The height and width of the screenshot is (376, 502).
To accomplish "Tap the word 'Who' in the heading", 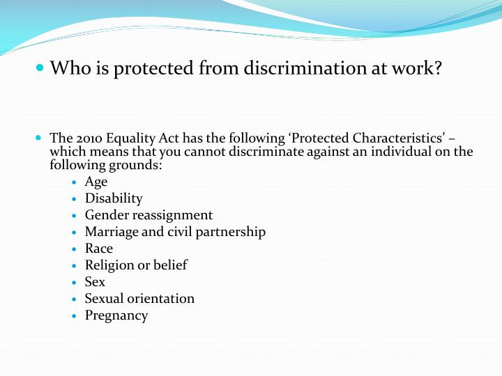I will pyautogui.click(x=68, y=68).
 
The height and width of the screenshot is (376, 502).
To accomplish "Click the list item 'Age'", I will pyautogui.click(x=96, y=182).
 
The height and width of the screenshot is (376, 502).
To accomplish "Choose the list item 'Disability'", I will pyautogui.click(x=114, y=198).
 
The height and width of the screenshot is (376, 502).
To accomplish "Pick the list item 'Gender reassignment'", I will pyautogui.click(x=149, y=215).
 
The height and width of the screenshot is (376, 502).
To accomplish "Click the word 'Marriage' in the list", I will pyautogui.click(x=112, y=232).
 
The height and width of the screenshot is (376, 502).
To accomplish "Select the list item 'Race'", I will pyautogui.click(x=99, y=249).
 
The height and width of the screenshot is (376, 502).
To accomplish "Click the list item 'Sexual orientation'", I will pyautogui.click(x=139, y=299).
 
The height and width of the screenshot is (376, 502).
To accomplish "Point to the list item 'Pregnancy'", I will pyautogui.click(x=116, y=315).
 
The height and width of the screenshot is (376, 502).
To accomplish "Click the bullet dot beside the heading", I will pyautogui.click(x=39, y=68).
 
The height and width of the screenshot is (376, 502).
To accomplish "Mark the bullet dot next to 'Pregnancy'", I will pyautogui.click(x=75, y=316).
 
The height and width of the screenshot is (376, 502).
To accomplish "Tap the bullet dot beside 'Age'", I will pyautogui.click(x=75, y=182).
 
